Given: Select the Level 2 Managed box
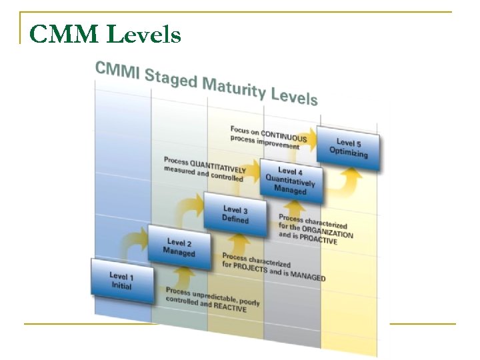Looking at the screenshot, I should click(179, 247).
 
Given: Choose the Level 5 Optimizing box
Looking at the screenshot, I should click(348, 147).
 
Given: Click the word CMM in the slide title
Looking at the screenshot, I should click(63, 34).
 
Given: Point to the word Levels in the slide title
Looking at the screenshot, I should click(143, 34).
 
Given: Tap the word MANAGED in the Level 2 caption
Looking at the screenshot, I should click(306, 275).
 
